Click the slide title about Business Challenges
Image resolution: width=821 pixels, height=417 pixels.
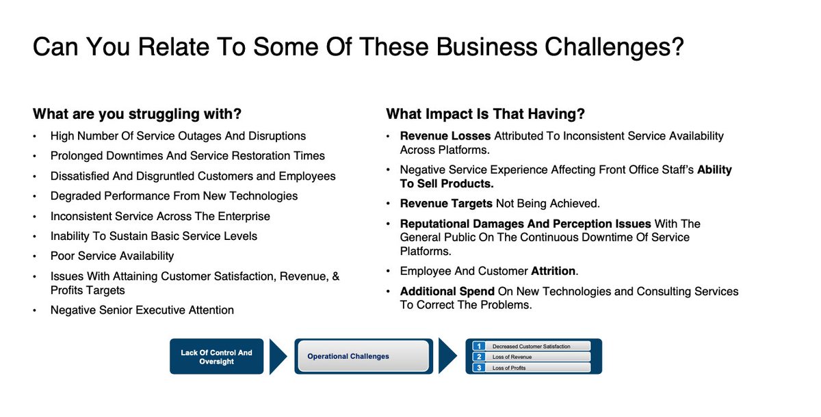[359, 47]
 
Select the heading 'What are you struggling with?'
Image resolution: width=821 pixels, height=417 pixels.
[137, 114]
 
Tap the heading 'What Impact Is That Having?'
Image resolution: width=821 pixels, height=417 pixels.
[485, 114]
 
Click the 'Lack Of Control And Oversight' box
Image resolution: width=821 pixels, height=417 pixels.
[216, 357]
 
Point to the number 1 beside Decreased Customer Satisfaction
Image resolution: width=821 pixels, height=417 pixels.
[480, 346]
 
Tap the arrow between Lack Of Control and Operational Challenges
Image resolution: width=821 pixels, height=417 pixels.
[278, 356]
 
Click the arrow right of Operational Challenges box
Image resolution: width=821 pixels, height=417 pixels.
[447, 356]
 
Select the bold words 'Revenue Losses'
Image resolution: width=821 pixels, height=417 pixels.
[445, 136]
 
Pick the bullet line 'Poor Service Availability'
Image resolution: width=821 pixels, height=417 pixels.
[112, 256]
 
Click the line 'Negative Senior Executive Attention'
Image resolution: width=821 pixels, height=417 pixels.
[142, 310]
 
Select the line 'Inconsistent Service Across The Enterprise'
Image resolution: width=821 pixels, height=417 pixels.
[160, 216]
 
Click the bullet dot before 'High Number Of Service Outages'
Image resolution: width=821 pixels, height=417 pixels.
[36, 137]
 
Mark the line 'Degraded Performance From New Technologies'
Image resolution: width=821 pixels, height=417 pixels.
[174, 196]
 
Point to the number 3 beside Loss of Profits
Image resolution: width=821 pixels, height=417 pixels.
[480, 368]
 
